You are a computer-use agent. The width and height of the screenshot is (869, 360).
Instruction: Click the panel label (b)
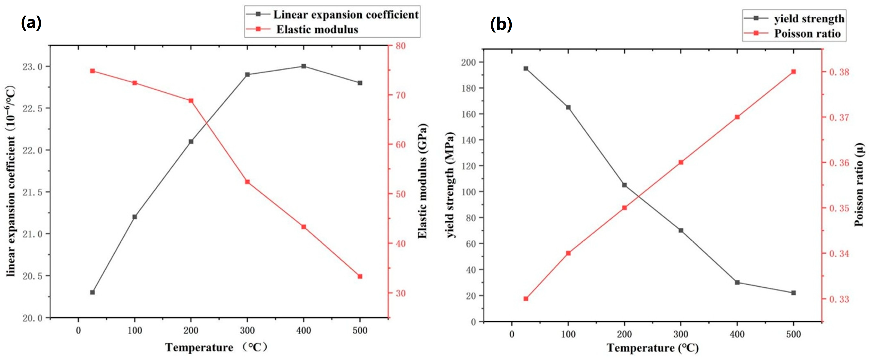click(x=501, y=24)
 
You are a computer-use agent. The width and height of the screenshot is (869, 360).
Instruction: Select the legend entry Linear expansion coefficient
click(x=332, y=15)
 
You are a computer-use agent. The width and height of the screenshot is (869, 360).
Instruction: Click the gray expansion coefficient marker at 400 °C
click(x=304, y=66)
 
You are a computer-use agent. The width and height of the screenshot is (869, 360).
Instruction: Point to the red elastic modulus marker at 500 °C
click(x=360, y=276)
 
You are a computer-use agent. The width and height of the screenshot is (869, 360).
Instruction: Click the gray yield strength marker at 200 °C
click(x=624, y=185)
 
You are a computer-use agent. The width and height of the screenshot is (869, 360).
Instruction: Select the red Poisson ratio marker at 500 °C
click(x=794, y=72)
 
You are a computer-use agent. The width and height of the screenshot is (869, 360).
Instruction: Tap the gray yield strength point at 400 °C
click(x=737, y=282)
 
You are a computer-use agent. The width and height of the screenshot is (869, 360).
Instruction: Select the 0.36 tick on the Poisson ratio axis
click(x=839, y=163)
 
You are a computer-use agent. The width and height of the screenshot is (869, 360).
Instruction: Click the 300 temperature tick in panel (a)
click(x=247, y=330)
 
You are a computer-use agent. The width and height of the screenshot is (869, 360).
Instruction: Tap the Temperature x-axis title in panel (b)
click(x=653, y=348)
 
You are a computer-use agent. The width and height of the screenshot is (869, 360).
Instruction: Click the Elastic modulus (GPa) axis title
click(x=423, y=181)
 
